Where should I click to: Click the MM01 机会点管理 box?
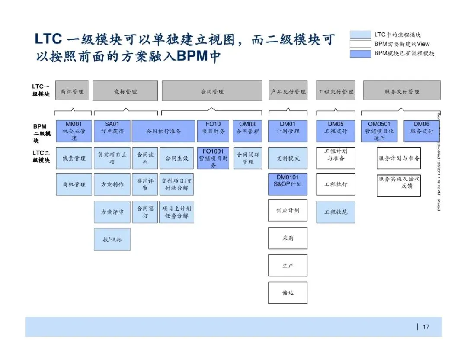click(74, 131)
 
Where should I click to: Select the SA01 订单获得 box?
click(112, 131)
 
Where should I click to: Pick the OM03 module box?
click(247, 131)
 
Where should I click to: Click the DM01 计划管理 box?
click(288, 131)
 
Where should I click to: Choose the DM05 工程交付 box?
click(336, 131)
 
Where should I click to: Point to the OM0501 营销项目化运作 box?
click(379, 131)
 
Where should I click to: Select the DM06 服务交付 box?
click(421, 131)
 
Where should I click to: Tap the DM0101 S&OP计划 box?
click(288, 184)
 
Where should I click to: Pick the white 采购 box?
click(288, 238)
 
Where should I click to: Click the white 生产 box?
click(288, 265)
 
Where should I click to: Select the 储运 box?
click(288, 292)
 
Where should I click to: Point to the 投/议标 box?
click(112, 239)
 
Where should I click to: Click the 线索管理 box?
click(74, 158)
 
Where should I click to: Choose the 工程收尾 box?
click(336, 212)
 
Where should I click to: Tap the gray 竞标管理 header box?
click(125, 91)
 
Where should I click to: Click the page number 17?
click(426, 327)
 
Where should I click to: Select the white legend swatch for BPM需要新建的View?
click(361, 44)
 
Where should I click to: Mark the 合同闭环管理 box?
click(248, 158)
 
